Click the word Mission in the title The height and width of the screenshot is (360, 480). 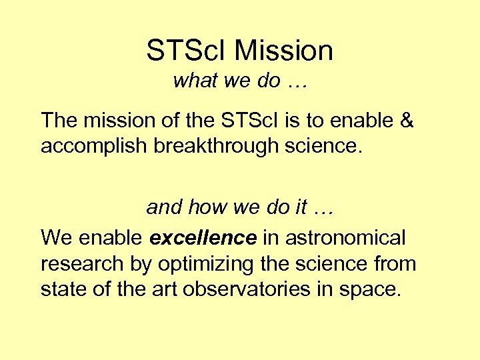pyautogui.click(x=284, y=51)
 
